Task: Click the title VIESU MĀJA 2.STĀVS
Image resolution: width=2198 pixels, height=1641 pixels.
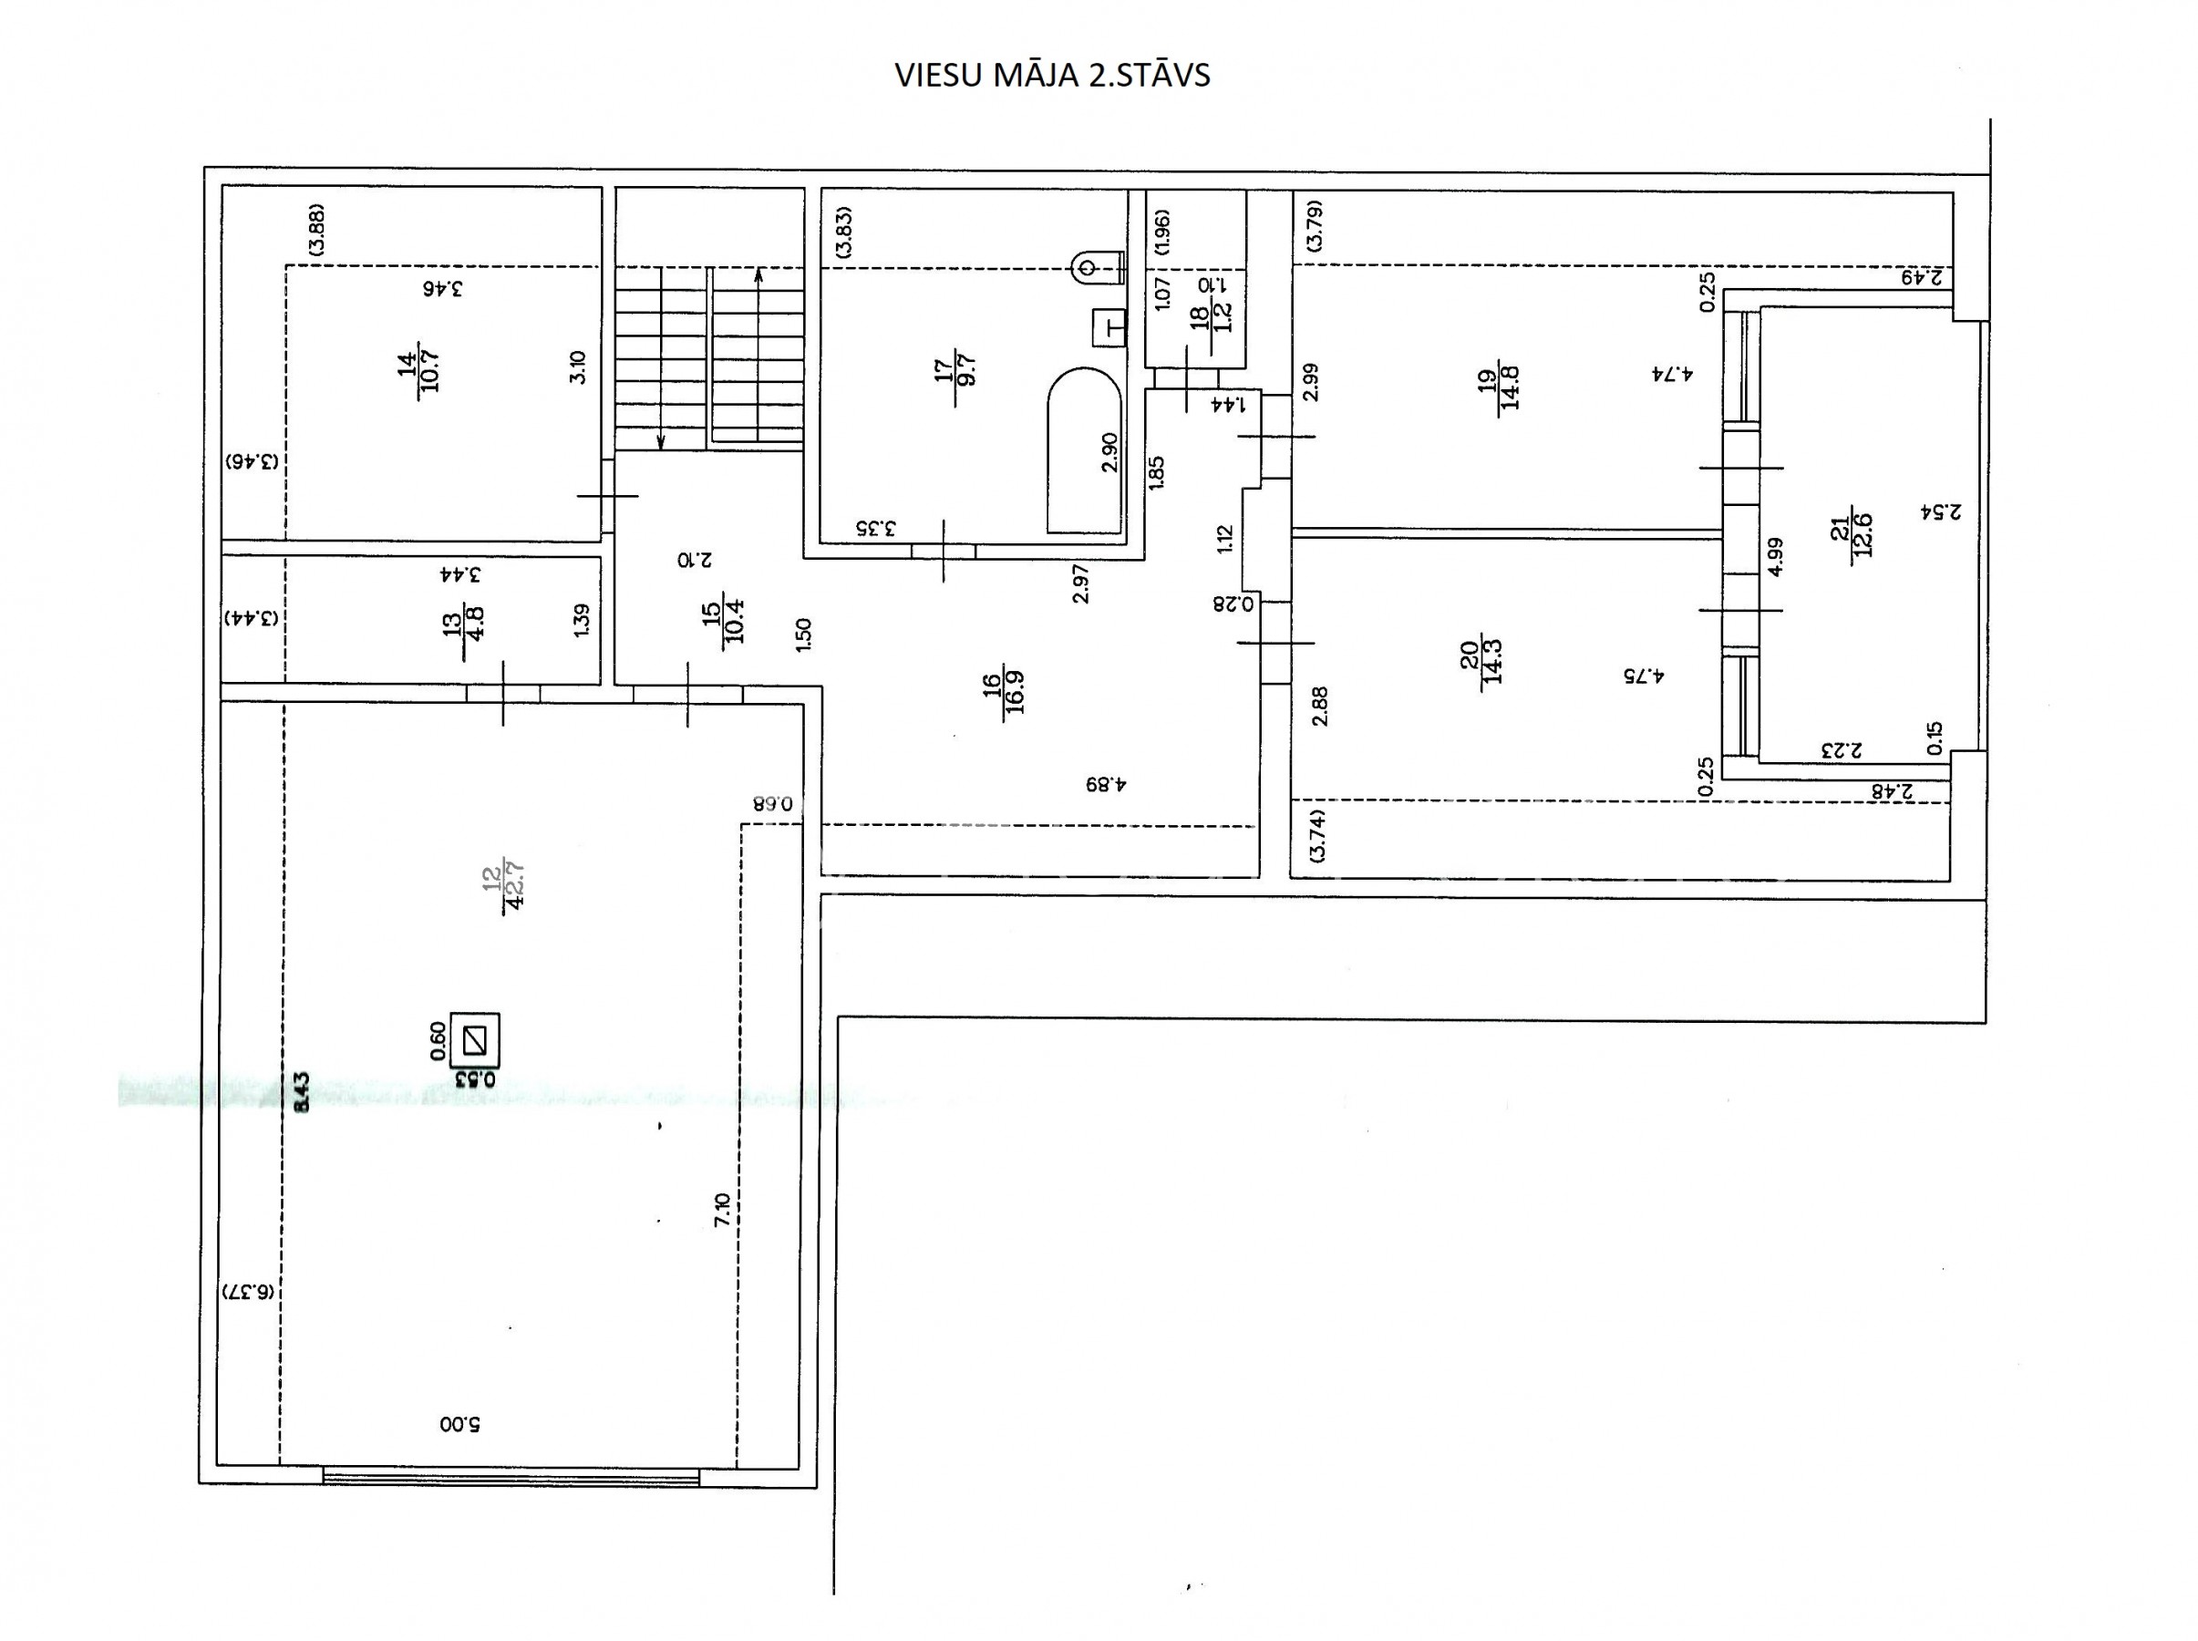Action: click(x=1053, y=77)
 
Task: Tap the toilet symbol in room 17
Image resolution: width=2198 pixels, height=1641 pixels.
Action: click(x=1098, y=267)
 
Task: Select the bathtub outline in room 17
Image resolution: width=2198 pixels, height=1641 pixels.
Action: click(x=1085, y=451)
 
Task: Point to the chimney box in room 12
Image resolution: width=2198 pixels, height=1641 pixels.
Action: click(x=475, y=1040)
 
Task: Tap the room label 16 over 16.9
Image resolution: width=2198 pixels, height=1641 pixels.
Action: click(x=1004, y=691)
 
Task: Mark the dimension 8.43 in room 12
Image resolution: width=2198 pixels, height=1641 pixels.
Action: click(x=302, y=1089)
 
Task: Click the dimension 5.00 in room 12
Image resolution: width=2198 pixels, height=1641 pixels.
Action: click(x=459, y=1423)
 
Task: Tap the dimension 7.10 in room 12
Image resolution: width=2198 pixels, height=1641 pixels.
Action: click(x=723, y=1209)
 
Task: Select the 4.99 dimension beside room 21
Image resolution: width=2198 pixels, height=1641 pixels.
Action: click(x=1776, y=555)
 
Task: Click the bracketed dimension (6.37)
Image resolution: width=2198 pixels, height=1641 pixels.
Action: click(x=248, y=1291)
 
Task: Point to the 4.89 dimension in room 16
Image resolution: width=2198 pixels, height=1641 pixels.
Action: click(x=1107, y=784)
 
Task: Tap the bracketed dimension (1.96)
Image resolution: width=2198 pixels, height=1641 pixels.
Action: click(x=1163, y=232)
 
